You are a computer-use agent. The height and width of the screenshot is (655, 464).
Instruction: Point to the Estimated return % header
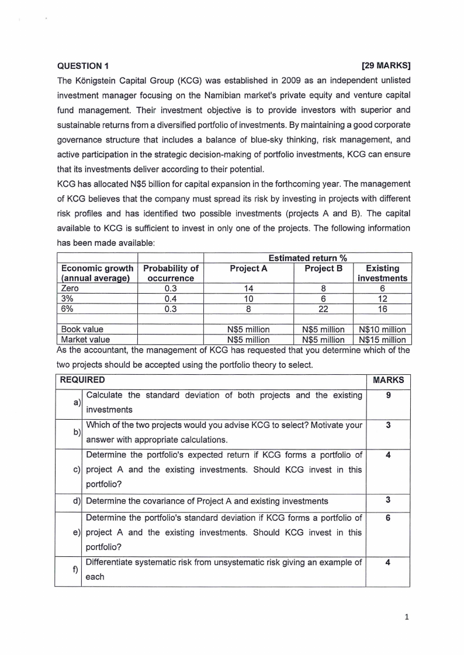pos(307,257)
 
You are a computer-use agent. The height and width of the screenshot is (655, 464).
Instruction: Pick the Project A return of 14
pos(248,288)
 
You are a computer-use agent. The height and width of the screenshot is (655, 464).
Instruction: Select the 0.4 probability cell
pos(171,299)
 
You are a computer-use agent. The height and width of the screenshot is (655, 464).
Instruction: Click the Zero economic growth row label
pos(70,288)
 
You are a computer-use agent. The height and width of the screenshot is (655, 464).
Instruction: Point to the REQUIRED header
pos(81,380)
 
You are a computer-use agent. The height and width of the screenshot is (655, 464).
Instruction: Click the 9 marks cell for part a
pos(388,396)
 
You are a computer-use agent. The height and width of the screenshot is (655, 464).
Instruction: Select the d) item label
pos(77,500)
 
